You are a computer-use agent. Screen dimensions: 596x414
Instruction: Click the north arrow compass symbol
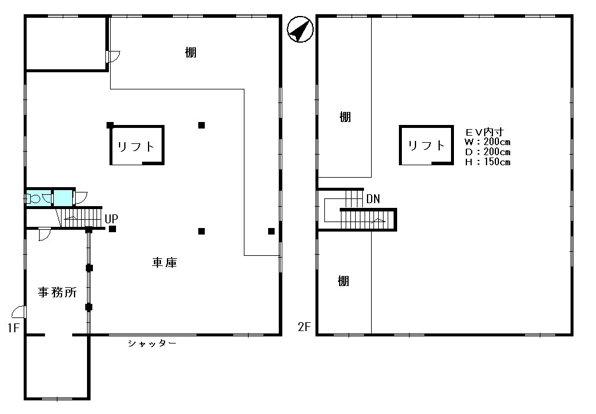(x=300, y=29)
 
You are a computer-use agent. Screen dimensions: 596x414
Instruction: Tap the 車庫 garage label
(x=165, y=262)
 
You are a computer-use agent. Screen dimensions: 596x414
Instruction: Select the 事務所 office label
(x=57, y=292)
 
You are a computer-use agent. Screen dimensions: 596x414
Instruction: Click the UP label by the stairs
(x=111, y=219)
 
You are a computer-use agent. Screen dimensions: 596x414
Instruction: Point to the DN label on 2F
(x=373, y=198)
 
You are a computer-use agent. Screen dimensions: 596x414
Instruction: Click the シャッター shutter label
(x=152, y=344)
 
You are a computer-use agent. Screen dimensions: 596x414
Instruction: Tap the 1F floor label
(x=13, y=328)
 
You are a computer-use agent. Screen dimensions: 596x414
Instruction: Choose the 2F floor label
(x=304, y=326)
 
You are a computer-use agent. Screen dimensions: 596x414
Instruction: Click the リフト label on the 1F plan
(x=136, y=146)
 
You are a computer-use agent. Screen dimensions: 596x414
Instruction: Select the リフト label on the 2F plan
(x=427, y=145)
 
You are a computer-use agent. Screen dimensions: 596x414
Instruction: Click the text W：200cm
(x=487, y=142)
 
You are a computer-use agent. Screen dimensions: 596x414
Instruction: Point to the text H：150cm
(x=487, y=162)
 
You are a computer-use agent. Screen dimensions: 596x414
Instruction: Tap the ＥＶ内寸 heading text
(x=485, y=132)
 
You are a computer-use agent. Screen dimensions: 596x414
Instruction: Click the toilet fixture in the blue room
(x=34, y=198)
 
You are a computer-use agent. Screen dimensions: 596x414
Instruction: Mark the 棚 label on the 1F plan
(x=191, y=52)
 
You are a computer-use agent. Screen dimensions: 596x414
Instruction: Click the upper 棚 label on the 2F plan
(x=345, y=117)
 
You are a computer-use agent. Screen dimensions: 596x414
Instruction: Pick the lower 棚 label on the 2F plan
(x=344, y=281)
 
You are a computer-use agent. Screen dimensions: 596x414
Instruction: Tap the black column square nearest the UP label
(x=112, y=229)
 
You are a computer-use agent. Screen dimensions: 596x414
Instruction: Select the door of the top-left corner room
(x=113, y=56)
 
